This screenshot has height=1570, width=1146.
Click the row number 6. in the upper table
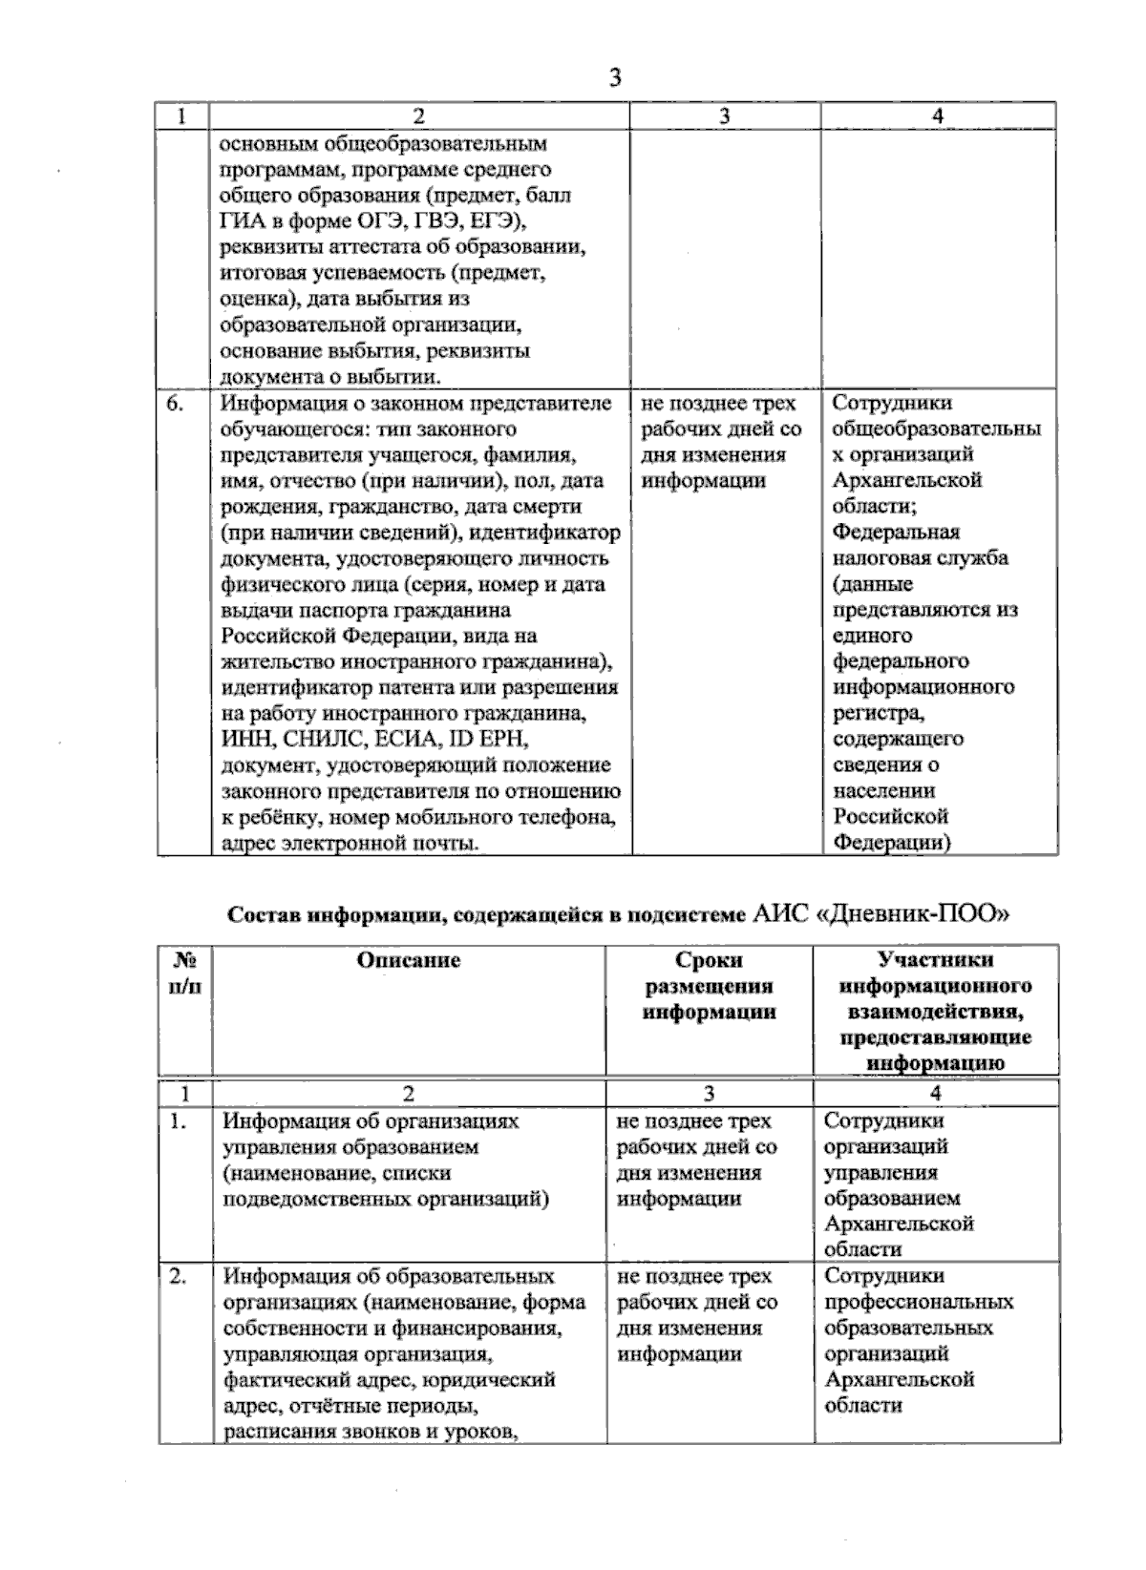[175, 403]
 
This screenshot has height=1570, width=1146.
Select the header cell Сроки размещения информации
[709, 986]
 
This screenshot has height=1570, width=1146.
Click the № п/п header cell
[184, 973]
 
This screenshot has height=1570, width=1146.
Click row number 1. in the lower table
[178, 1122]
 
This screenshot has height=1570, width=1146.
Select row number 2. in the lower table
[179, 1277]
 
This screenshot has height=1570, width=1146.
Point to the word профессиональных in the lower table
[918, 1302]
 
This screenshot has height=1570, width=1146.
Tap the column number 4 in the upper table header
[938, 115]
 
